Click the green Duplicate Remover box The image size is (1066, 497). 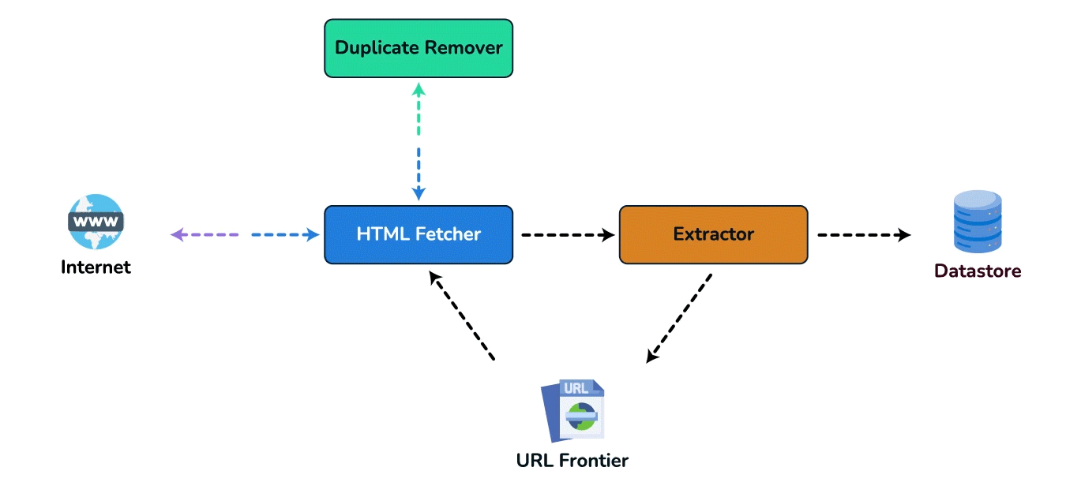click(419, 48)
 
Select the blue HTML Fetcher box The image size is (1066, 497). click(419, 234)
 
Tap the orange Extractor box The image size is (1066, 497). click(713, 234)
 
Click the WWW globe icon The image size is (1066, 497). click(96, 221)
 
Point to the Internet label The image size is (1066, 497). click(96, 267)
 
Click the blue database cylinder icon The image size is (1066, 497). click(978, 221)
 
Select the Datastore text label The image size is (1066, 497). click(978, 271)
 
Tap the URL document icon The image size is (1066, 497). click(572, 410)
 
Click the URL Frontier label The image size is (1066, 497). click(572, 461)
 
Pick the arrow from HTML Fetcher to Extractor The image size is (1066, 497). click(569, 234)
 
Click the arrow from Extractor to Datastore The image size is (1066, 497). click(864, 234)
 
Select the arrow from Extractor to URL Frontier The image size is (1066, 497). click(678, 318)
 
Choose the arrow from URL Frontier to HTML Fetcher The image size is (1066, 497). click(462, 315)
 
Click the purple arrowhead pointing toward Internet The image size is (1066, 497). click(178, 234)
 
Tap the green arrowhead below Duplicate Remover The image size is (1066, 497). click(419, 90)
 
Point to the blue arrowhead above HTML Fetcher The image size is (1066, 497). click(419, 193)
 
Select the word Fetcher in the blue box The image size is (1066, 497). click(448, 234)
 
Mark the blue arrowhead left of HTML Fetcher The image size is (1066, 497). click(313, 234)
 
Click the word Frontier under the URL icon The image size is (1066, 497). click(594, 461)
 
